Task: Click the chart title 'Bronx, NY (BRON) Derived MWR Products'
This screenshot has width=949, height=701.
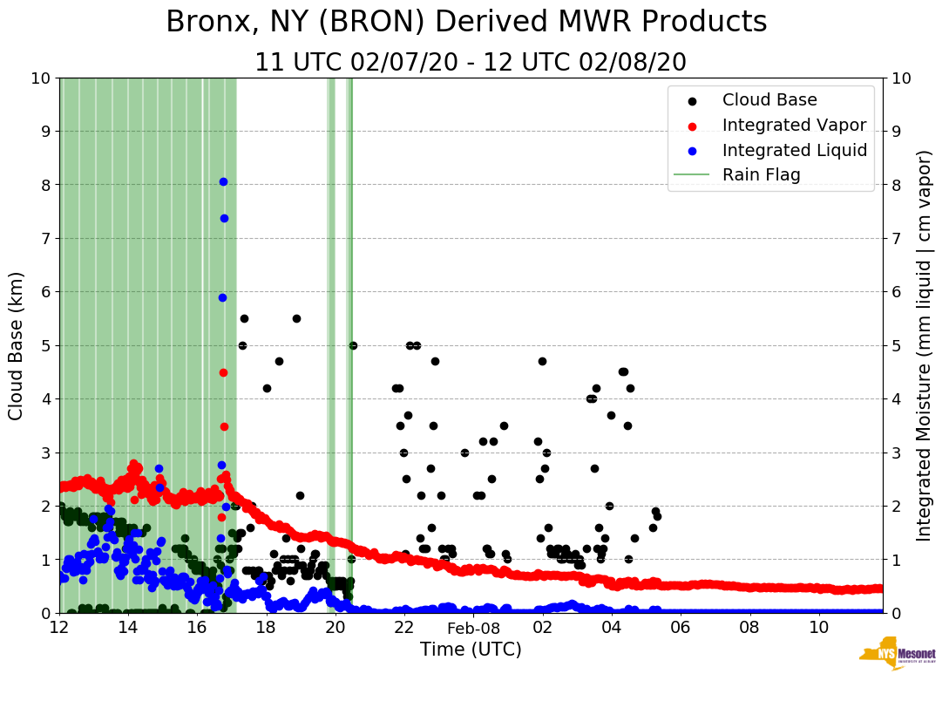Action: coord(466,22)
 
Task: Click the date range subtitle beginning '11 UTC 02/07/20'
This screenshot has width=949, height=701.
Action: coord(471,63)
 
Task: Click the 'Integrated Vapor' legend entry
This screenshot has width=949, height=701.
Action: coord(794,125)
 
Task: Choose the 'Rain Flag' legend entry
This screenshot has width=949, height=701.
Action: coord(761,174)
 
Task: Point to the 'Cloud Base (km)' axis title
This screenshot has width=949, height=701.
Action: coord(17,345)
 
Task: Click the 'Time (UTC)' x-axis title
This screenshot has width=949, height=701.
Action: coord(471,650)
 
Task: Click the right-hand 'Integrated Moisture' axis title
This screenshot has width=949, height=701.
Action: coord(924,345)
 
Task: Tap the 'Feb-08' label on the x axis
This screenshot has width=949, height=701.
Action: coord(473,628)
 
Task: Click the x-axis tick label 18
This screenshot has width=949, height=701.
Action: coord(266,628)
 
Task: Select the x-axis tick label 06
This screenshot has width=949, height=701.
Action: coord(681,628)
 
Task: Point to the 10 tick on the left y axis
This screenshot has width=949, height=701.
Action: coord(40,78)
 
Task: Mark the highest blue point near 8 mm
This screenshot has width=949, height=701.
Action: coord(223,181)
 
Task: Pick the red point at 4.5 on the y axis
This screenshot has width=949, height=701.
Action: coord(223,372)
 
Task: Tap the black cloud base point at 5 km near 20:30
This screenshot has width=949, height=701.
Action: coord(353,345)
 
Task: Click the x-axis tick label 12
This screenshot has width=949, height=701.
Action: coord(59,628)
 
